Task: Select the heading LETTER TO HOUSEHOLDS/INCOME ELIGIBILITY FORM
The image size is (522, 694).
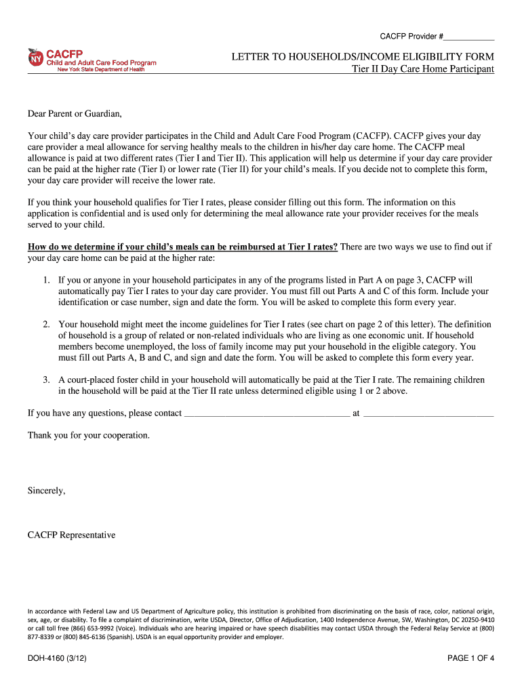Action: tap(363, 56)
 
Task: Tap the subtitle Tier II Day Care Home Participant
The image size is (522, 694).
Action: tap(423, 69)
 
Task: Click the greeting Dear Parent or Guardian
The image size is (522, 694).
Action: tap(75, 113)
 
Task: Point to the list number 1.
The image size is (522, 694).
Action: tap(45, 279)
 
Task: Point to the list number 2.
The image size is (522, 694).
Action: tap(45, 325)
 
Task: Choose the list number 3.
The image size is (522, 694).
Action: tap(45, 380)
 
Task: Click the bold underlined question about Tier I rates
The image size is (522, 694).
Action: tap(182, 247)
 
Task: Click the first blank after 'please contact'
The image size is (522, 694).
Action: tap(267, 413)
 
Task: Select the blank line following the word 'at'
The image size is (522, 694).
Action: tap(428, 413)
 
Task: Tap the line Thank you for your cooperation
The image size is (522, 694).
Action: tap(89, 435)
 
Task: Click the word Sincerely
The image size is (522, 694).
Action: tap(47, 490)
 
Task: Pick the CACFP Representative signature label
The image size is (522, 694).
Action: tap(72, 535)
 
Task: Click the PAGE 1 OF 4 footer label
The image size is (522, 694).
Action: tap(470, 657)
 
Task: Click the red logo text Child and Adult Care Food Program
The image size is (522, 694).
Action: tap(101, 63)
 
